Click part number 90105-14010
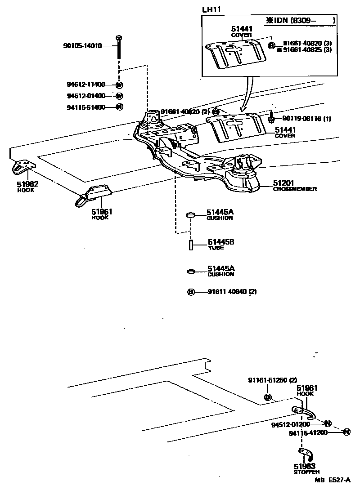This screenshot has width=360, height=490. (x=84, y=45)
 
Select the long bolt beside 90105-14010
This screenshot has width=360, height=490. (x=118, y=47)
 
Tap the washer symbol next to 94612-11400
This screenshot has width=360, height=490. (x=119, y=85)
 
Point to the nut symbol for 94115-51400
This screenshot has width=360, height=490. (x=119, y=107)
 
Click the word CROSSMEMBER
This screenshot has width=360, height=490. (x=295, y=189)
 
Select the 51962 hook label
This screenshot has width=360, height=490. (x=28, y=184)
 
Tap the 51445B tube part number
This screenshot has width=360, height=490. (x=220, y=242)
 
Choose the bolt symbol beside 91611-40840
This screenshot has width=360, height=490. (x=191, y=292)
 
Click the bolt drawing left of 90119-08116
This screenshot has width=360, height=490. (x=272, y=118)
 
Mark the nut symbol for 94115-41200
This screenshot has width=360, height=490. (x=346, y=432)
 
